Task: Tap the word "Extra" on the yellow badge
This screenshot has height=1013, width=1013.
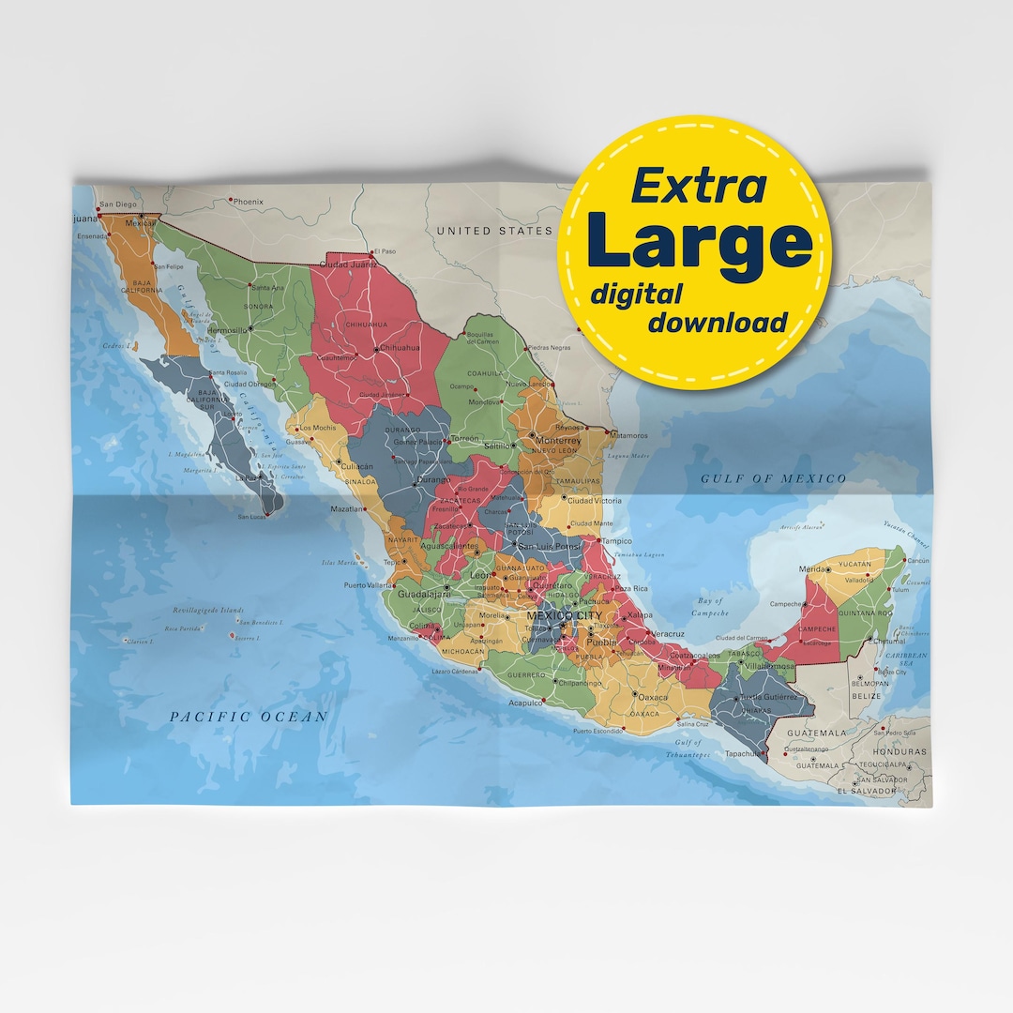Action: (x=698, y=186)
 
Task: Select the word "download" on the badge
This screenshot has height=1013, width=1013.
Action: (x=718, y=323)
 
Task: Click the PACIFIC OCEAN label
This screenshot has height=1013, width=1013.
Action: (x=249, y=717)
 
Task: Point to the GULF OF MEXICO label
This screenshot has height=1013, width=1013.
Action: (x=773, y=478)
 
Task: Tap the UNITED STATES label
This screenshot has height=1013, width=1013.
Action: (x=494, y=230)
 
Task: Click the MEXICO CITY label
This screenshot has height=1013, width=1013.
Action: (x=565, y=615)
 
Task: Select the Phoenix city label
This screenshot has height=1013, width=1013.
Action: (x=249, y=202)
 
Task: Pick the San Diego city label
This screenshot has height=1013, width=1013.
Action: (x=119, y=204)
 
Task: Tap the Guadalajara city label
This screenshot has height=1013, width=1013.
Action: (x=424, y=594)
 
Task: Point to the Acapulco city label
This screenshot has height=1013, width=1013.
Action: (x=525, y=702)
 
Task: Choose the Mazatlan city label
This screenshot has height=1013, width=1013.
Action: (x=346, y=509)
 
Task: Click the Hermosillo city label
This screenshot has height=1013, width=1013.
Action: (x=226, y=330)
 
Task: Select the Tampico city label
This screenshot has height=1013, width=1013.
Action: (x=617, y=541)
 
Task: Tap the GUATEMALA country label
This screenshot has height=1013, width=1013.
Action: (x=816, y=733)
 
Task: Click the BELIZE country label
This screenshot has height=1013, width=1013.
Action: (x=867, y=696)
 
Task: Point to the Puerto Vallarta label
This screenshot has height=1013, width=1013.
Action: (x=368, y=585)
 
